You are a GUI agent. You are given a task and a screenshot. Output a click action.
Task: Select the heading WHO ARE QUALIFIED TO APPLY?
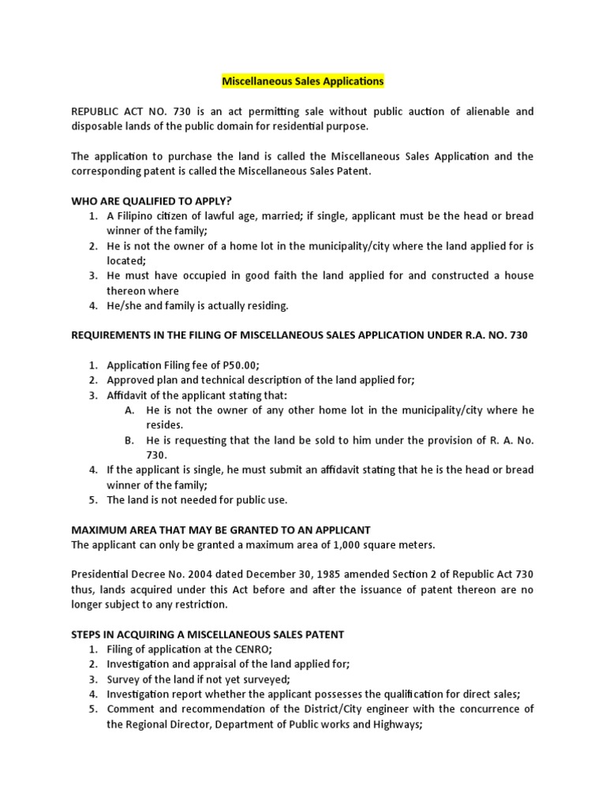click(151, 200)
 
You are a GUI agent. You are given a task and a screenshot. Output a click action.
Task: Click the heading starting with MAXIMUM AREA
click(220, 529)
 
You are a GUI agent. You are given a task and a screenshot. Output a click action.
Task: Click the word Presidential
click(103, 574)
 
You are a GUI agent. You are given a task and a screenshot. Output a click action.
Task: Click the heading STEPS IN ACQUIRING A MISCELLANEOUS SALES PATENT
click(208, 634)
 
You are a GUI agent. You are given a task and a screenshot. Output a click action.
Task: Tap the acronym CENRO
click(249, 649)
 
